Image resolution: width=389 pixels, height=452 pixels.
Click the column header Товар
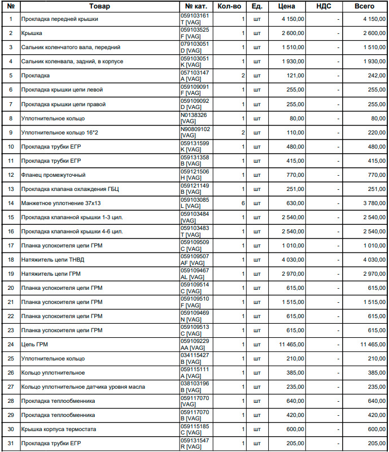click(x=99, y=6)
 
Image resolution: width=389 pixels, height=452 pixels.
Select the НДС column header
click(x=324, y=6)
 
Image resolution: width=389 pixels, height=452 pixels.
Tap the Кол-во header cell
click(x=229, y=6)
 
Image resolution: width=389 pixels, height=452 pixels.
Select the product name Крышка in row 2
click(x=32, y=33)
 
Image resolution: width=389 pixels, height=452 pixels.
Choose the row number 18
click(x=11, y=259)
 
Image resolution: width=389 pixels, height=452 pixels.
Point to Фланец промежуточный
click(x=53, y=175)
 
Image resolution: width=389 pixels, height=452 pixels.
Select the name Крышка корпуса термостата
click(x=59, y=429)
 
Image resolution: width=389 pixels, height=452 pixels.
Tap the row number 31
click(x=11, y=443)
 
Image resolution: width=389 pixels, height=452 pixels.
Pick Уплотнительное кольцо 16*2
click(x=55, y=132)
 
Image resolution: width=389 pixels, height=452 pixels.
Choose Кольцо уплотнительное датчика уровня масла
click(x=83, y=386)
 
